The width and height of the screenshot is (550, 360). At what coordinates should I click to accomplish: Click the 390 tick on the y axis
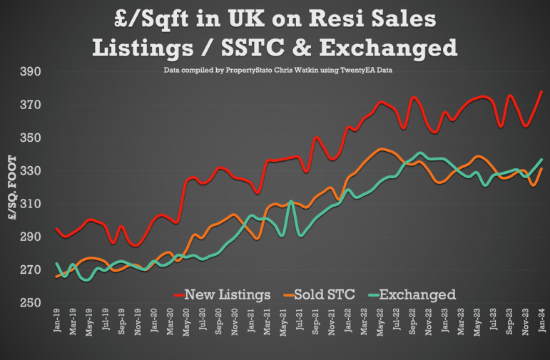tap(31, 71)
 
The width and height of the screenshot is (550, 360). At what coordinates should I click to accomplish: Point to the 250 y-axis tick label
tap(31, 302)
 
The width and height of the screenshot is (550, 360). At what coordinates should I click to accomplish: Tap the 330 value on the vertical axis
tap(31, 170)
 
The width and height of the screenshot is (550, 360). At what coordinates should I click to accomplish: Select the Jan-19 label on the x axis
tap(57, 320)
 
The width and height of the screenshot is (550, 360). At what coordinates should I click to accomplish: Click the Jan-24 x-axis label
tap(542, 320)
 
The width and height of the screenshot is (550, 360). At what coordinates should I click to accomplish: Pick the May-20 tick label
tap(186, 322)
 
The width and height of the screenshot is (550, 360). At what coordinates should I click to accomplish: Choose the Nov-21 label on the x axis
tap(332, 322)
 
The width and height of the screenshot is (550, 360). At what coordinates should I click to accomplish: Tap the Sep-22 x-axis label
tap(412, 322)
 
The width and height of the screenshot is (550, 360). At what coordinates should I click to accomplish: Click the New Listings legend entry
tap(223, 295)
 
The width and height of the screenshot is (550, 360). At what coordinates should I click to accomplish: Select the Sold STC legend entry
tap(320, 295)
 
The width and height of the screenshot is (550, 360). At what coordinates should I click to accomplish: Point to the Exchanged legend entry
tap(412, 295)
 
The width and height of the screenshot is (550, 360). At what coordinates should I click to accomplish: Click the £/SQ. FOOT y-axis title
tap(12, 187)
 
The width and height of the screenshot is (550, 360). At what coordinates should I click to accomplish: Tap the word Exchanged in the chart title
tap(388, 48)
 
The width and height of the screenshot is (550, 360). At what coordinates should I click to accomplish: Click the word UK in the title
tap(246, 19)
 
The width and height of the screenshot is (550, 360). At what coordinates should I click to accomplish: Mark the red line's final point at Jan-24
tap(541, 92)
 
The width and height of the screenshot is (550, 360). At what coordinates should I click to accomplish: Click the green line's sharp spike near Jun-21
tap(291, 201)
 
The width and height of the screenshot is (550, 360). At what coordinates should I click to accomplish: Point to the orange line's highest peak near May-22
tap(382, 149)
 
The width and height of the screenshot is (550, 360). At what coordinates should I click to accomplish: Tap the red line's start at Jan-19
tap(57, 229)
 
